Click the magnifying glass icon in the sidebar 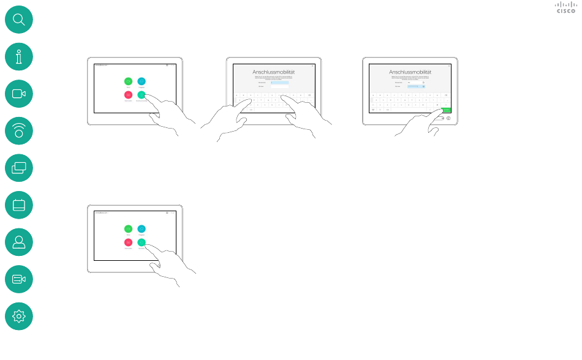point(18,20)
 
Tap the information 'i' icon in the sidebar point(18,57)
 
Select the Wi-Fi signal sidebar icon point(18,131)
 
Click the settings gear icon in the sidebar point(18,317)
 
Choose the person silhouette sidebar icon point(18,242)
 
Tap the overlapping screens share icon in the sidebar point(18,168)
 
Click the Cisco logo point(565,7)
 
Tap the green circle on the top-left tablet point(128,81)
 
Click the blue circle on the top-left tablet point(142,81)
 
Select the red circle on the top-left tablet point(128,95)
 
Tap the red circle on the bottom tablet point(128,242)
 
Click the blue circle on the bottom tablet point(142,228)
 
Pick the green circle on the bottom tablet point(128,228)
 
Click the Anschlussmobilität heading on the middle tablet point(274,72)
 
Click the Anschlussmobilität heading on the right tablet point(410,72)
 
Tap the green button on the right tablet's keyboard point(445,110)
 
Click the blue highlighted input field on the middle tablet point(279,82)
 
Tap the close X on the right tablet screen point(449,66)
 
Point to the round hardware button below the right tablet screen point(448,118)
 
